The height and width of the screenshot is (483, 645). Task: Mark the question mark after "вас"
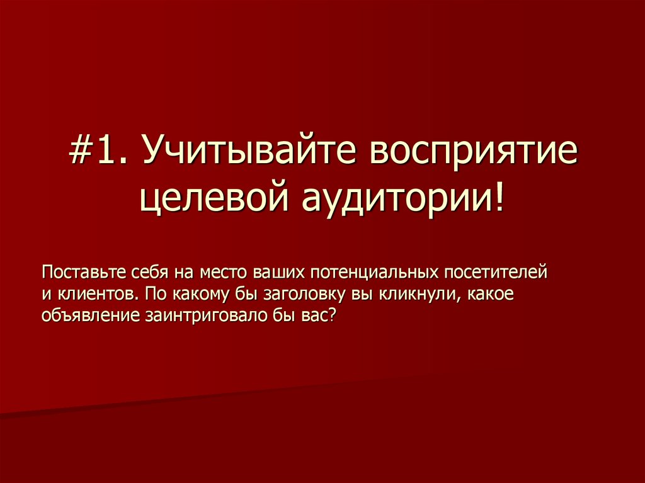click(x=334, y=315)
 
